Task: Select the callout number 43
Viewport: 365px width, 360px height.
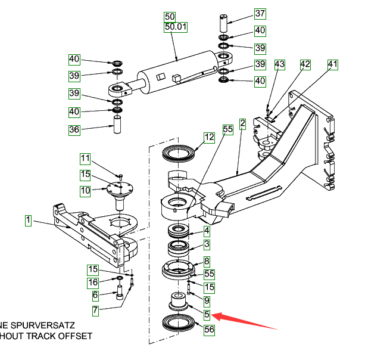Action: pyautogui.click(x=280, y=64)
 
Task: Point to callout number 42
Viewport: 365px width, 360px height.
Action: pyautogui.click(x=305, y=64)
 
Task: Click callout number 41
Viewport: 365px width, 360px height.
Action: pyautogui.click(x=333, y=64)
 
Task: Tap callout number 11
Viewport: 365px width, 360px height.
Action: pyautogui.click(x=86, y=159)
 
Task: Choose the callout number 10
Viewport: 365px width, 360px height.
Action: pyautogui.click(x=86, y=190)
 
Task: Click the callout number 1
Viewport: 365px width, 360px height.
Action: pyautogui.click(x=27, y=221)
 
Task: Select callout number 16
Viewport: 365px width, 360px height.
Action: pyautogui.click(x=94, y=282)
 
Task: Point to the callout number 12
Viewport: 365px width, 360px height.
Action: pyautogui.click(x=208, y=137)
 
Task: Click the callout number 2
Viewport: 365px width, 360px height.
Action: pyautogui.click(x=242, y=124)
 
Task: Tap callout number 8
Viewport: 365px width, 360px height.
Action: pyautogui.click(x=207, y=261)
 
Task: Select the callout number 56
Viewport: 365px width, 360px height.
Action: pyautogui.click(x=208, y=328)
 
